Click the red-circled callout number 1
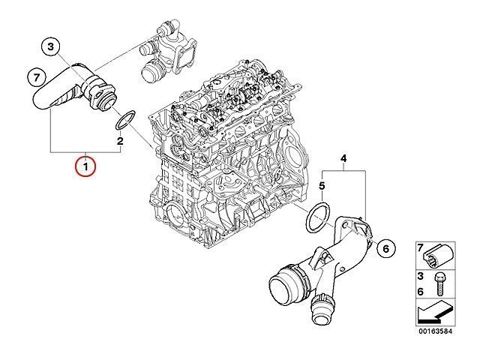85,166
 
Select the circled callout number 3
50,46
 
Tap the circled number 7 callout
37,78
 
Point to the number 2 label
120,141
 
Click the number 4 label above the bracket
343,158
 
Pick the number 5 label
322,186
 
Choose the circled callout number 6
385,248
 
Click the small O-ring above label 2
125,120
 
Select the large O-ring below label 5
319,217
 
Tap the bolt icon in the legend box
438,284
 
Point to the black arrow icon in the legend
434,312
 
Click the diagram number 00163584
436,331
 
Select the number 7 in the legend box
420,247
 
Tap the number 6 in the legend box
420,292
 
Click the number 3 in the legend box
420,276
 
